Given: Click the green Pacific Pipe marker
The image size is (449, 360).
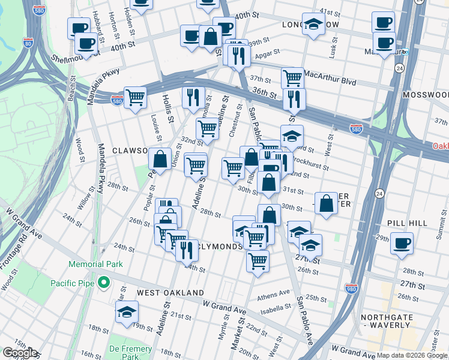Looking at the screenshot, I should click(104, 281).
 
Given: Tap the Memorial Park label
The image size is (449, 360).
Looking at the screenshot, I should click(95, 264).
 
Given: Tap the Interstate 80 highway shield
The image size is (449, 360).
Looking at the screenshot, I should click(28, 43).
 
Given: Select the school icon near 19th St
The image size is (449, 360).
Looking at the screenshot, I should click(127, 312).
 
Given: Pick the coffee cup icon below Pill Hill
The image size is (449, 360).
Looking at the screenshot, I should click(402, 244).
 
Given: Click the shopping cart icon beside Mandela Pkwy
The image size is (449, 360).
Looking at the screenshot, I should click(136, 97).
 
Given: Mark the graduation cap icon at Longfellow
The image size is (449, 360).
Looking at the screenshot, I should click(313, 24).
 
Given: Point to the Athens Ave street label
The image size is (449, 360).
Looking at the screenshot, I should click(274, 295).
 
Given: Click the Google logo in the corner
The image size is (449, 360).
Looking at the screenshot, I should click(20, 353).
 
